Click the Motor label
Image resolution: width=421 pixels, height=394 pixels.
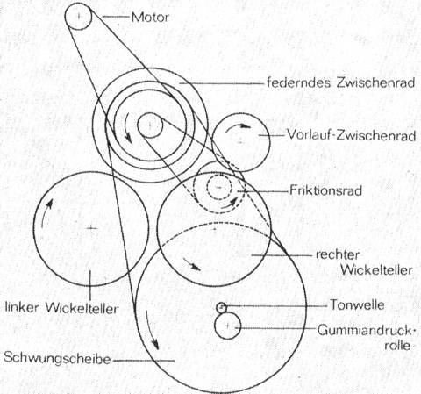(x=150, y=18)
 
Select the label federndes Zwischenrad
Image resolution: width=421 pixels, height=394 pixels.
(x=340, y=82)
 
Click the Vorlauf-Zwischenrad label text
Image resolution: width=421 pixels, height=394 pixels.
(x=351, y=135)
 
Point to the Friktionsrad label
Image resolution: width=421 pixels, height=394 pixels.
(x=325, y=190)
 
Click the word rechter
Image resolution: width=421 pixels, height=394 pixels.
(x=337, y=255)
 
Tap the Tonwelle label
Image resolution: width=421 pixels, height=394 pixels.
(x=357, y=304)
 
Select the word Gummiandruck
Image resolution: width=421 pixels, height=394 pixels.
(x=365, y=331)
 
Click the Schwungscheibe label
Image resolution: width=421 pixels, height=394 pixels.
(x=57, y=358)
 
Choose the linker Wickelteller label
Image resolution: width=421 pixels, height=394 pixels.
(x=62, y=308)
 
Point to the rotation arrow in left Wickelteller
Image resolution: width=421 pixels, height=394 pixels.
(x=46, y=212)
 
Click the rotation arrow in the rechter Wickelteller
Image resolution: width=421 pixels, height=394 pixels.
(x=192, y=264)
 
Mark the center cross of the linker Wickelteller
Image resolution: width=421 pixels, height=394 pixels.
(x=91, y=228)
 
